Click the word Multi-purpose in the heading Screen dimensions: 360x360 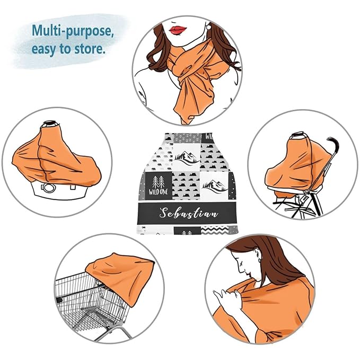73,31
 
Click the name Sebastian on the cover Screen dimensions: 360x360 188,213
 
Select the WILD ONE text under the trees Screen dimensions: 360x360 158,192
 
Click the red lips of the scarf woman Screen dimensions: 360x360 178,30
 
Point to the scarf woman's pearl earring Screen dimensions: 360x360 209,27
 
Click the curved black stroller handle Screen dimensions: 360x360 333,146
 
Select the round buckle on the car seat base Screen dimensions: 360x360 49,188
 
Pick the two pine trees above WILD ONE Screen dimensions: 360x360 159,182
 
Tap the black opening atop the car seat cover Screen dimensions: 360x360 50,124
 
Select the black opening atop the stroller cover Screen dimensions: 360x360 297,135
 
